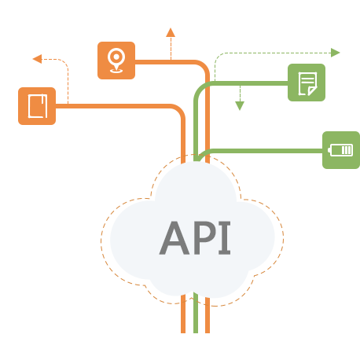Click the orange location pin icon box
coord(116,61)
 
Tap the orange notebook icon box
coord(37,106)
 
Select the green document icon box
coord(307,83)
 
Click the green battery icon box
coord(341,150)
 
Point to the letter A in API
coord(174,238)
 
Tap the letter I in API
coord(225,238)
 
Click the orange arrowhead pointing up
coord(171,32)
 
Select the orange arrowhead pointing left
coord(37,59)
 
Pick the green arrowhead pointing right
coord(336,53)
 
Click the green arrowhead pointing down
coord(240,106)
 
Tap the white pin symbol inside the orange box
coord(116,61)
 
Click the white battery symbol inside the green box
coord(340,150)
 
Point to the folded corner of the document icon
coord(312,91)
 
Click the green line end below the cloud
coord(196,333)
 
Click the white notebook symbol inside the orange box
coord(38,106)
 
